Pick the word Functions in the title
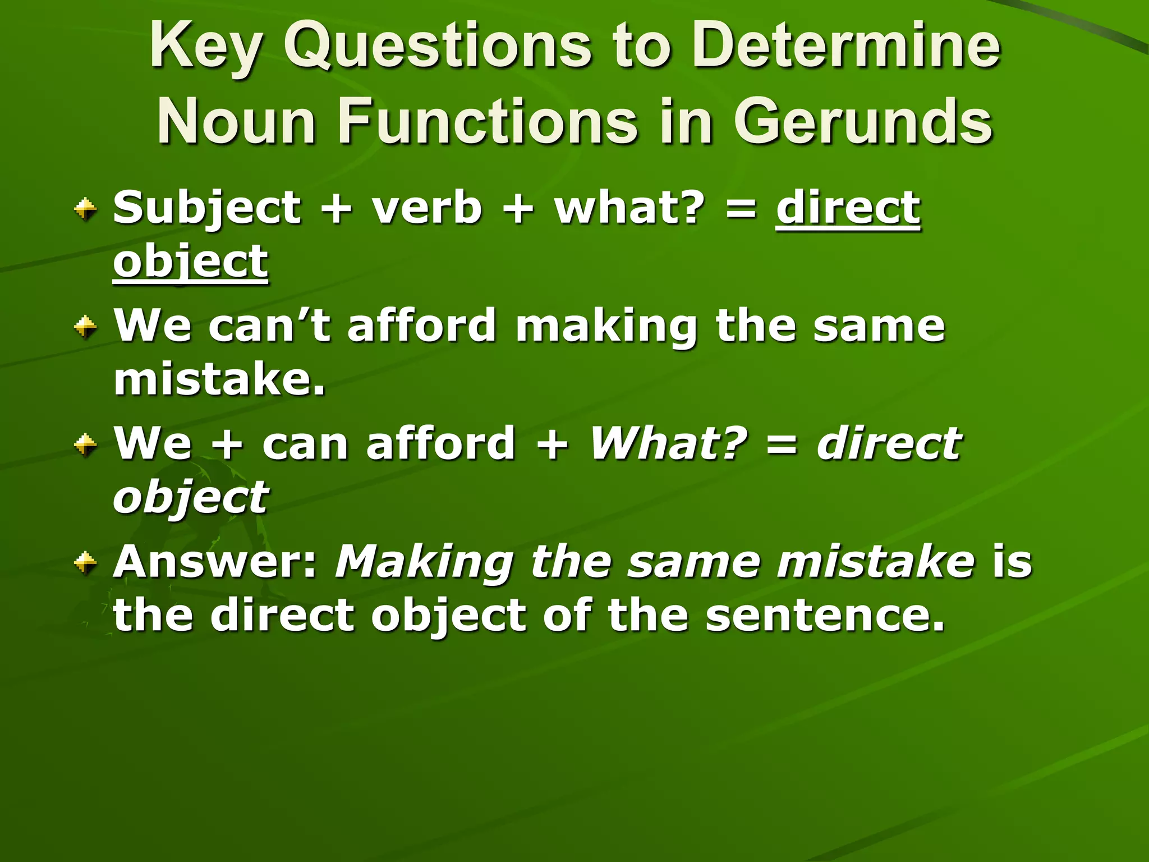(x=488, y=121)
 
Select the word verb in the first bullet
(x=426, y=208)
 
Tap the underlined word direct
(x=848, y=208)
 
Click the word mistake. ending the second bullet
(x=219, y=379)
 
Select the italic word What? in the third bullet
(x=668, y=443)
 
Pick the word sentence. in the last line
(x=825, y=615)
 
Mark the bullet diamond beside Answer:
(x=85, y=562)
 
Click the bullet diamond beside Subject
(x=85, y=210)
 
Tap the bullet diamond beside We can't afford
(x=85, y=327)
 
